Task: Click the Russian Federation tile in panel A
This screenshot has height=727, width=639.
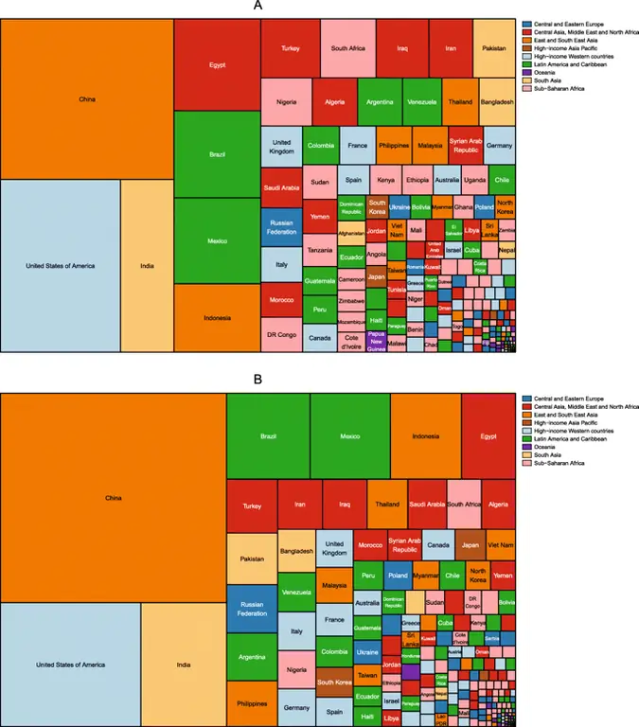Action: pyautogui.click(x=281, y=226)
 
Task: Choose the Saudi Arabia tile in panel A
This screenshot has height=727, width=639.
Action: pyautogui.click(x=281, y=187)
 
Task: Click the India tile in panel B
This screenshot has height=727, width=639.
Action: pyautogui.click(x=184, y=665)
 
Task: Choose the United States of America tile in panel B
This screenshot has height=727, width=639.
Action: pyautogui.click(x=70, y=665)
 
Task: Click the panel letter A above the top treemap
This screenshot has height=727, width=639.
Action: pyautogui.click(x=258, y=7)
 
